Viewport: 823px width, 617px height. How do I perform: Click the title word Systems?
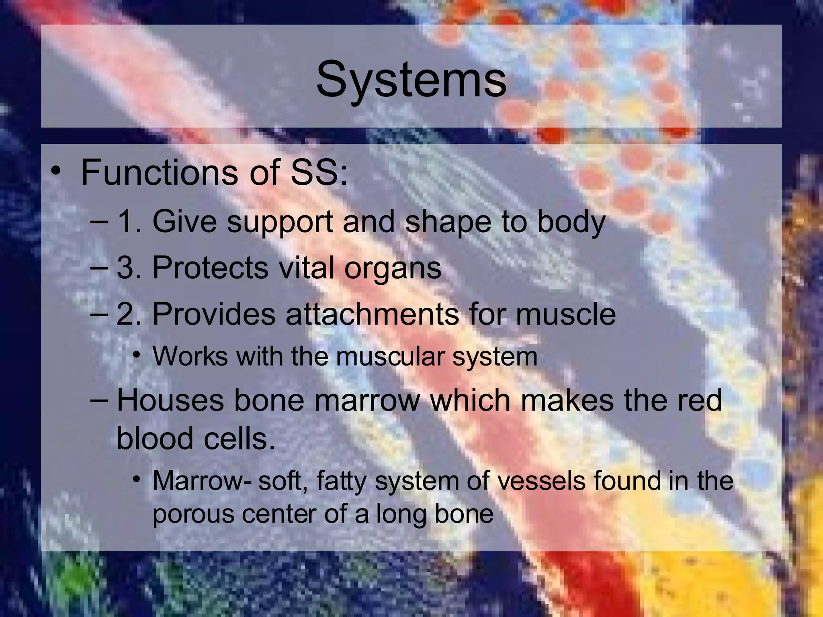(x=411, y=79)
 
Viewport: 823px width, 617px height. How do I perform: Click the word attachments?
(x=372, y=314)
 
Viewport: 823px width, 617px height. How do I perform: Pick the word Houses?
(x=170, y=400)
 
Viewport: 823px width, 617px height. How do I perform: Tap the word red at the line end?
(x=700, y=400)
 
